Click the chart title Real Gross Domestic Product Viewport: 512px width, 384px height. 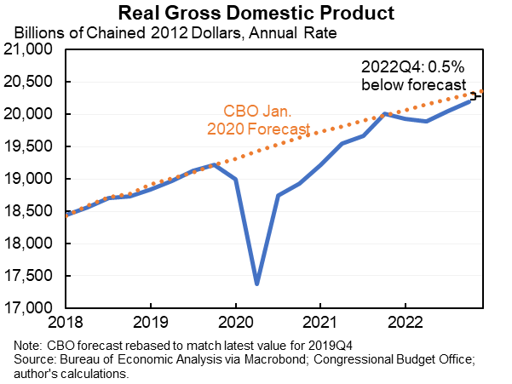256,14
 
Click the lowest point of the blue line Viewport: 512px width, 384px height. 256,284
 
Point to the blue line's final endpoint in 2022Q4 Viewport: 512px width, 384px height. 468,101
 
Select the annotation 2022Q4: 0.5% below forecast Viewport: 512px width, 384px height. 413,77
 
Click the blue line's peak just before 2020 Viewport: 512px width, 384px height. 215,164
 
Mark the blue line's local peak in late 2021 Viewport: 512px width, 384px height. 384,113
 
